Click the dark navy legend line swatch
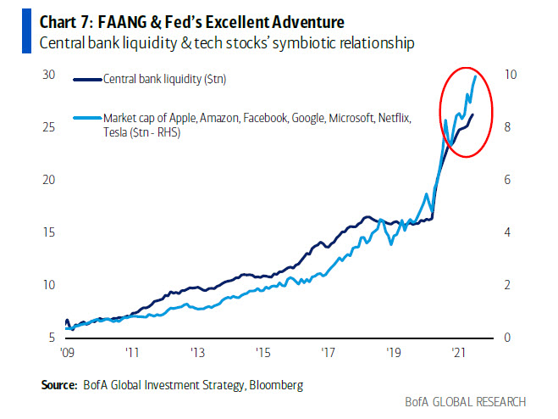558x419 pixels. [x=84, y=80]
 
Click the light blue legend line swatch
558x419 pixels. [x=84, y=118]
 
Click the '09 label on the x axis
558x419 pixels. [x=66, y=351]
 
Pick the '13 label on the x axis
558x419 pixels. [x=196, y=351]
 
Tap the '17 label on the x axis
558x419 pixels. [x=327, y=351]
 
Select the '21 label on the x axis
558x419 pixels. [x=457, y=351]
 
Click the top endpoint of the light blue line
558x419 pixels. [x=476, y=75]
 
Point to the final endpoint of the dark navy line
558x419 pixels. [x=472, y=115]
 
